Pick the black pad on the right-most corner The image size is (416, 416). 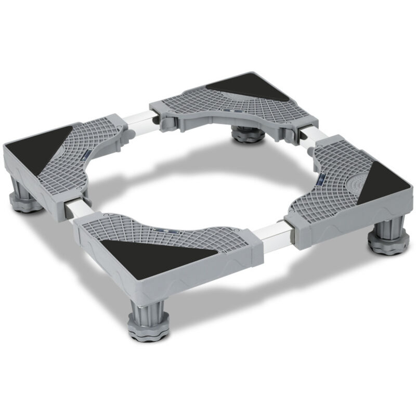385,182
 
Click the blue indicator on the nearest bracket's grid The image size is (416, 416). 166,229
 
